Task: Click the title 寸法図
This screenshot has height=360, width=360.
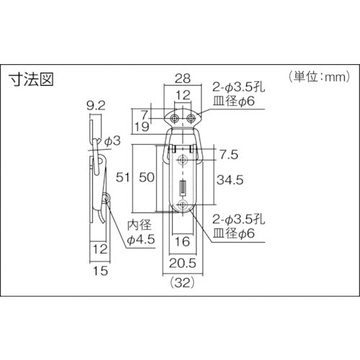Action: tap(32, 79)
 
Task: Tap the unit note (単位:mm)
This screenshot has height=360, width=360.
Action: tap(320, 77)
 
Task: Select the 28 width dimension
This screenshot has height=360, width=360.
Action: tap(183, 78)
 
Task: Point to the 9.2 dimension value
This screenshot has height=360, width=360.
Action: tap(96, 106)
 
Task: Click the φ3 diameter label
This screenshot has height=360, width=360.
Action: tap(112, 141)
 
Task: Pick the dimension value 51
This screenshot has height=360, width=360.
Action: tap(122, 178)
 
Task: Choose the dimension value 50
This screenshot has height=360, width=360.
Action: tap(147, 178)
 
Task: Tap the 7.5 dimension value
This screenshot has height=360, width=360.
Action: tap(229, 155)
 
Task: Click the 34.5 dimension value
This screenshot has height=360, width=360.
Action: tap(230, 180)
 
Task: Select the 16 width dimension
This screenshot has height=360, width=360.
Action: tap(182, 241)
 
